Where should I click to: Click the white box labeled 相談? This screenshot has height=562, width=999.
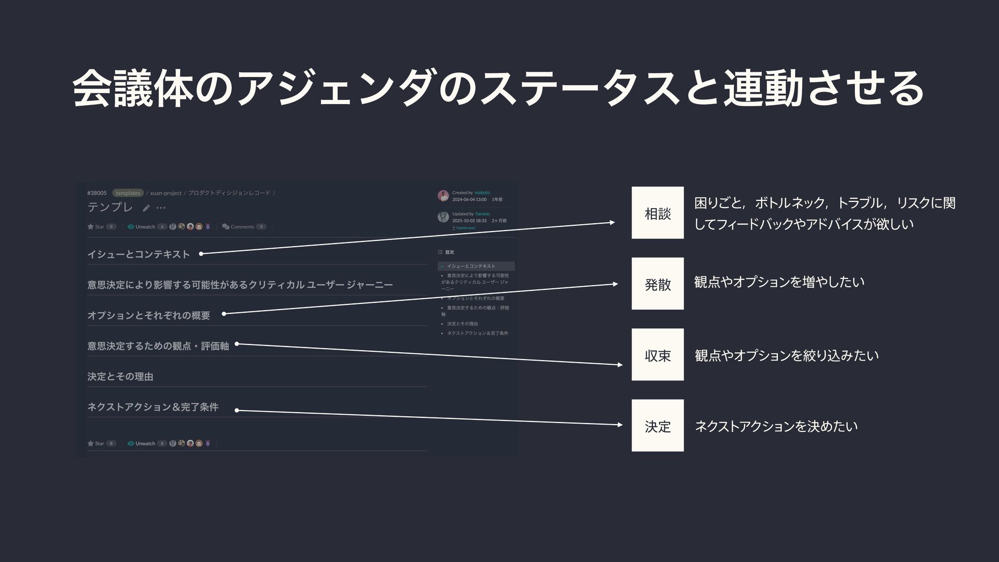pyautogui.click(x=657, y=213)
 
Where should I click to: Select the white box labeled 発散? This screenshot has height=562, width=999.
pyautogui.click(x=657, y=284)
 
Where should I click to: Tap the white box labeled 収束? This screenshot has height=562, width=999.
pyautogui.click(x=657, y=355)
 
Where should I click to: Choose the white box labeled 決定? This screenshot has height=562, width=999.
pyautogui.click(x=657, y=426)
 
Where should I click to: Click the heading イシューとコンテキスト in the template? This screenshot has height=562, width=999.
pyautogui.click(x=138, y=254)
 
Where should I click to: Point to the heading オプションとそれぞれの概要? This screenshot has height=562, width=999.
pyautogui.click(x=149, y=315)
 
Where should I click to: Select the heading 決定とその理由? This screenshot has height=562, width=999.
pyautogui.click(x=120, y=376)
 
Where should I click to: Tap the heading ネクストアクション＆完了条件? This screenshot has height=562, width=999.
pyautogui.click(x=153, y=407)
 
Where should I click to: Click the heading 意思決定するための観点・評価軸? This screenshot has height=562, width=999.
pyautogui.click(x=158, y=346)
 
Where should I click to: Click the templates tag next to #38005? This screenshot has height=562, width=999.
pyautogui.click(x=128, y=193)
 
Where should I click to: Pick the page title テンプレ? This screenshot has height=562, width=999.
pyautogui.click(x=110, y=207)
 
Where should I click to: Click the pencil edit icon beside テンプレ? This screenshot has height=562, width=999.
pyautogui.click(x=146, y=208)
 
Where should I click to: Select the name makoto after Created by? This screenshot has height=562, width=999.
pyautogui.click(x=482, y=193)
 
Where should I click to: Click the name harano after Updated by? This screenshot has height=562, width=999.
pyautogui.click(x=482, y=214)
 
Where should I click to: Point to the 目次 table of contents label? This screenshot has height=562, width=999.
pyautogui.click(x=449, y=252)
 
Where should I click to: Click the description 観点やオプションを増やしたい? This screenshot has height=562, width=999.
pyautogui.click(x=779, y=282)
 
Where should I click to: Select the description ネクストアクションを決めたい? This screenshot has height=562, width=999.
pyautogui.click(x=776, y=427)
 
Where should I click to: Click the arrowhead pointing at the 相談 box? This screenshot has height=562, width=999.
pyautogui.click(x=612, y=223)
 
